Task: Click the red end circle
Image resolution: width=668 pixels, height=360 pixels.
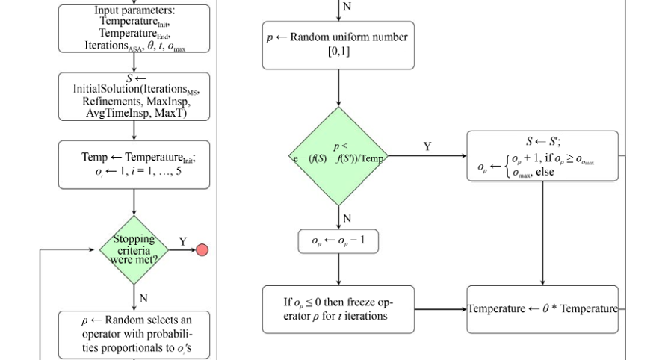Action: pos(202,250)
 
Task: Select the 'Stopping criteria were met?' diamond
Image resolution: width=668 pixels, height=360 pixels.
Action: pos(134,250)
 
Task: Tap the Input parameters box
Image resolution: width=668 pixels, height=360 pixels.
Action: pos(134,29)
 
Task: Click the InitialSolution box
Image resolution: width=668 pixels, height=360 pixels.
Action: pos(134,96)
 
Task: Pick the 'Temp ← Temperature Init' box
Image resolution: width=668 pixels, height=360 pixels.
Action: pos(134,164)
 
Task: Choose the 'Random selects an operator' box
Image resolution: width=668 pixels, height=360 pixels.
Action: pos(134,335)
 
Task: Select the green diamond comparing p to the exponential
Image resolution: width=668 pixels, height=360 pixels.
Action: pos(339,156)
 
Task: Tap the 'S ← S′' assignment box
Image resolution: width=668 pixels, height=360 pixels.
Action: pos(542,156)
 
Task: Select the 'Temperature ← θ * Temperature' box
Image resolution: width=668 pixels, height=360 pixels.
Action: pos(542,309)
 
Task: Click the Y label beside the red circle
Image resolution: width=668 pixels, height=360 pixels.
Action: pos(183,242)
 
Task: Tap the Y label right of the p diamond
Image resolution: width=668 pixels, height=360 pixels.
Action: pos(427,147)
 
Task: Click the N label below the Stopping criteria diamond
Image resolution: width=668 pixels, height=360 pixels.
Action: pos(143,298)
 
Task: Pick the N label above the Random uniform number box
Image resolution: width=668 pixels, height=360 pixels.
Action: pos(346,7)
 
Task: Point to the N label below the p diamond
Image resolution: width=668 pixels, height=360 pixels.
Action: pos(347,218)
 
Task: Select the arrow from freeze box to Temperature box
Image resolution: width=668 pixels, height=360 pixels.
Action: pos(440,309)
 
